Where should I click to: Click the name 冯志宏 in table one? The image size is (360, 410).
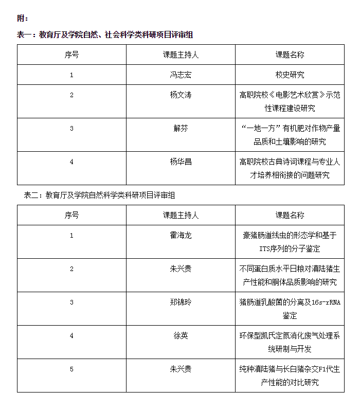coord(181,75)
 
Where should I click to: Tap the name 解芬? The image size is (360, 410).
coord(181,129)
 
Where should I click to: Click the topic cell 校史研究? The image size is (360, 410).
coord(290,75)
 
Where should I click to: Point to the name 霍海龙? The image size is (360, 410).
coord(181,236)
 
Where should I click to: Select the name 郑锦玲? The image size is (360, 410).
coord(181,302)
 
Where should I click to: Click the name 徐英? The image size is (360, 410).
coord(181,336)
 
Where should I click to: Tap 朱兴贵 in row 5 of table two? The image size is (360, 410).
coord(181,369)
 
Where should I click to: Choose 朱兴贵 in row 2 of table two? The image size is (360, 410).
coord(181,269)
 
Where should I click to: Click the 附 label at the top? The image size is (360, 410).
coord(23,19)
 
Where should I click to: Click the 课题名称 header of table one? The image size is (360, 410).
coord(290,55)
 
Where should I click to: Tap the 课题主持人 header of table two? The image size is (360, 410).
coord(181,215)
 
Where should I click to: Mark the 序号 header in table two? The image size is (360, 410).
coord(71,215)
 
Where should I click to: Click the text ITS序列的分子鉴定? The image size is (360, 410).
coord(290,249)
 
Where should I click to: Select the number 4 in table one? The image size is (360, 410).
coord(71,162)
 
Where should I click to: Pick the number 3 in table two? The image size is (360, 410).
coord(71,302)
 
